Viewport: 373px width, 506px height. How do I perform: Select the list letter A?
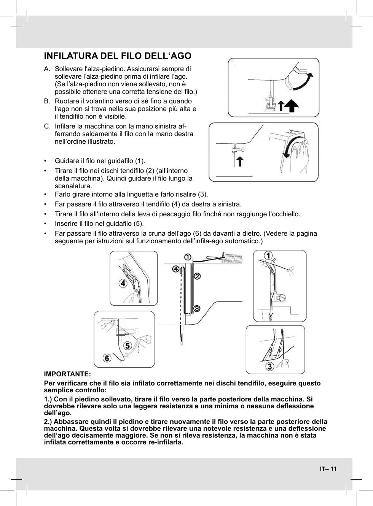click(47, 69)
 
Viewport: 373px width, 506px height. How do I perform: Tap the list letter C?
click(47, 126)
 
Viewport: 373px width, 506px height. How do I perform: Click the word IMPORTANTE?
click(67, 374)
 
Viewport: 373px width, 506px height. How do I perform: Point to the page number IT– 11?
click(328, 468)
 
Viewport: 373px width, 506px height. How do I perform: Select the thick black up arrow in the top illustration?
click(292, 106)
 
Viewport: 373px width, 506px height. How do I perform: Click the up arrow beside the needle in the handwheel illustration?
click(240, 161)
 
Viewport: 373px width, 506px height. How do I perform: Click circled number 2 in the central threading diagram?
click(197, 276)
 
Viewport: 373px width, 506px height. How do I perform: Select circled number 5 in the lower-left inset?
click(127, 346)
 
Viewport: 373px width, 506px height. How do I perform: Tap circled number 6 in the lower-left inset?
click(108, 358)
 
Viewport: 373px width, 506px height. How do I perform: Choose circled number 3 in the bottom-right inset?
click(269, 366)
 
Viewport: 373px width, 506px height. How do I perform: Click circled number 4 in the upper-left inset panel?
click(123, 283)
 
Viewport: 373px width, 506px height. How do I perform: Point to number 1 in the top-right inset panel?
click(269, 255)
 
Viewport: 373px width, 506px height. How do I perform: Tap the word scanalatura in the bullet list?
click(73, 186)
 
